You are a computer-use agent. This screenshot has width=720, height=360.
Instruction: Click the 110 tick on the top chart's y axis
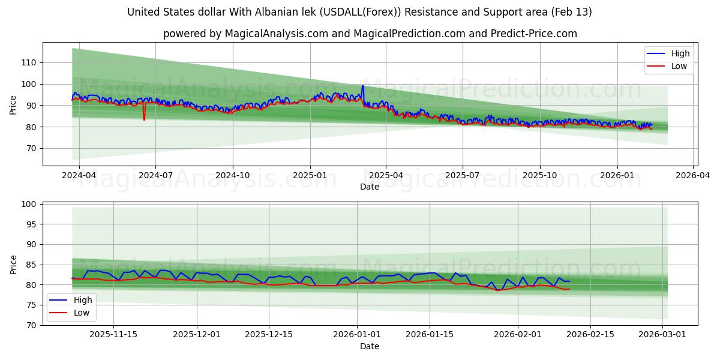[x=29, y=62]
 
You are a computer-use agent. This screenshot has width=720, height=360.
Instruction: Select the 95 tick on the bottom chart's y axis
[x=31, y=224]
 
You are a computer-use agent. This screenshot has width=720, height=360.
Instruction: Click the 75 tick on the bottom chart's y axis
[x=31, y=305]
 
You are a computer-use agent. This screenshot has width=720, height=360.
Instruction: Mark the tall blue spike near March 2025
[x=362, y=86]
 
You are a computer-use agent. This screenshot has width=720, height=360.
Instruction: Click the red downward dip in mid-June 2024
[x=144, y=119]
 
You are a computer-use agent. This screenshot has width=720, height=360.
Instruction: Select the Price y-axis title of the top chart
[x=13, y=104]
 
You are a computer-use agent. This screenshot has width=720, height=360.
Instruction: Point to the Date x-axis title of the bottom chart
[x=370, y=346]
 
